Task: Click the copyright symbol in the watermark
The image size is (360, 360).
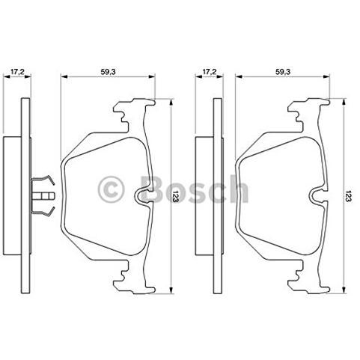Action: tap(111, 190)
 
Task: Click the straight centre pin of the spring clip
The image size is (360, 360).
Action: tap(43, 196)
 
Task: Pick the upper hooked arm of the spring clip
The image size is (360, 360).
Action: tap(43, 180)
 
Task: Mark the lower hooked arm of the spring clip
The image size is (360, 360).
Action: tap(43, 212)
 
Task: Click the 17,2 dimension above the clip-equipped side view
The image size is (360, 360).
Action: tap(17, 72)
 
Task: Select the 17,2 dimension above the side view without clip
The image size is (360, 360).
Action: tap(209, 72)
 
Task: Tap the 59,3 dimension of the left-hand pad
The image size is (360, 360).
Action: tap(108, 72)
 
